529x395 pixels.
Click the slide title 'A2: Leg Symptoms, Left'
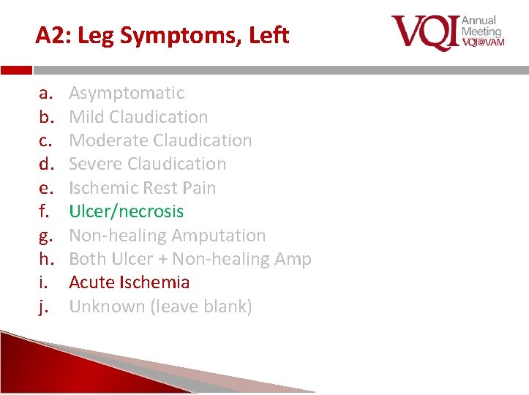(x=162, y=35)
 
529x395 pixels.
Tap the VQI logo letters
(x=424, y=33)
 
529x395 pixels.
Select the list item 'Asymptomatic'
(x=127, y=93)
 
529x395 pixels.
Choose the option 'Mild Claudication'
(x=138, y=116)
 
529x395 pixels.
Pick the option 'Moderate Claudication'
(x=160, y=140)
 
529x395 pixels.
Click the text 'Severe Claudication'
(x=147, y=164)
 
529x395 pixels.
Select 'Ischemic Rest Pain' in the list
(x=143, y=188)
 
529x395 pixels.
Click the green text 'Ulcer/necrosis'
(x=126, y=211)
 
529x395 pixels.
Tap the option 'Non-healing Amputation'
(x=167, y=236)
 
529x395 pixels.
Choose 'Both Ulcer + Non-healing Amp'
(x=190, y=259)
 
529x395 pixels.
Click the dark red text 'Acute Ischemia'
(x=129, y=282)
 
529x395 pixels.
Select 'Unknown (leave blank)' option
(x=160, y=306)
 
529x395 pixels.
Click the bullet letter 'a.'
(x=44, y=94)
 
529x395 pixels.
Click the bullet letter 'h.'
(x=44, y=259)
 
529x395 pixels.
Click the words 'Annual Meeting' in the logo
(x=481, y=26)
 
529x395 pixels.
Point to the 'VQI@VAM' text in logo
(x=481, y=42)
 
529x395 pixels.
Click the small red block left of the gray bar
(x=16, y=71)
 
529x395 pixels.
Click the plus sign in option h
(x=181, y=260)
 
